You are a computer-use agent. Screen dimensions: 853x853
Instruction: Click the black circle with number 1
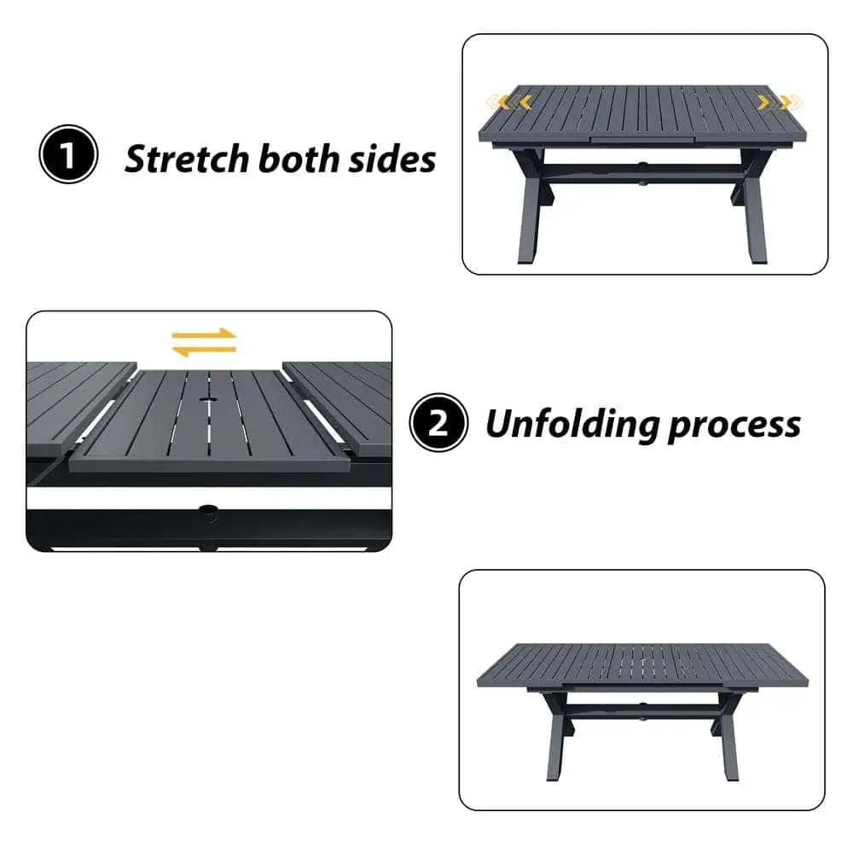click(68, 154)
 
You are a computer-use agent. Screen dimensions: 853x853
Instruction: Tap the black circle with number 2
click(438, 423)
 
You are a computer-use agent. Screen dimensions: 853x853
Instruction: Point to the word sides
click(392, 159)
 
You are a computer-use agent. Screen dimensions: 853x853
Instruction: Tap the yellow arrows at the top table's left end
click(508, 102)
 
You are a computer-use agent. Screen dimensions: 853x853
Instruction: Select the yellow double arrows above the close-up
click(204, 342)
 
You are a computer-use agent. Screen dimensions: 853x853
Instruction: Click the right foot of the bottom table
click(732, 778)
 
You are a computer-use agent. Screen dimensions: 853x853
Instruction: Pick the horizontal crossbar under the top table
click(642, 171)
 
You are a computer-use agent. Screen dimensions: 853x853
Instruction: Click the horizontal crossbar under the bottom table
click(642, 709)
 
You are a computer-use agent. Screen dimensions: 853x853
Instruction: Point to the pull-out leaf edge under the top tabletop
click(642, 141)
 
